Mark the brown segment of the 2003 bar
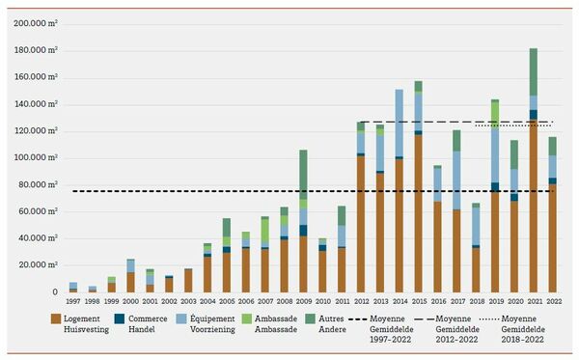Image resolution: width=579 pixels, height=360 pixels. click(x=188, y=280)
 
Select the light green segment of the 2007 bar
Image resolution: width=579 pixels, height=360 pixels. click(x=264, y=233)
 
